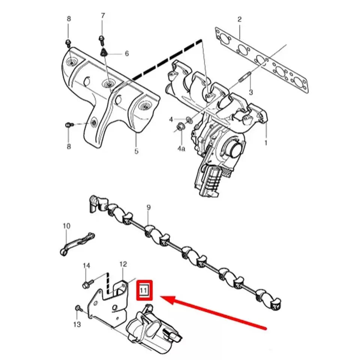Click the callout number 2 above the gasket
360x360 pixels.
coord(240,19)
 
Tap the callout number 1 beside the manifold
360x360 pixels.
coord(266,143)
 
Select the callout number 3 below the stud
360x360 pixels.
coord(251,92)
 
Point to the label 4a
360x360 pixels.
coord(181,148)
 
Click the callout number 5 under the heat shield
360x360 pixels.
coord(136,151)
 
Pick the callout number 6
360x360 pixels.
coord(127,54)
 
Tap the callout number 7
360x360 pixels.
coord(103,16)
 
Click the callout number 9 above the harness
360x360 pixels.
coord(148,207)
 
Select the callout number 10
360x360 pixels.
coord(66,226)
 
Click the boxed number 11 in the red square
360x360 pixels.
coord(144,290)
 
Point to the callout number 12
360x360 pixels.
coord(123,264)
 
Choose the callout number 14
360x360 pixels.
coord(86,265)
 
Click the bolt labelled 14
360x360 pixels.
coord(88,284)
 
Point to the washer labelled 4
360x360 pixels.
coord(189,120)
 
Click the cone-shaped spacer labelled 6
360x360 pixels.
coord(104,52)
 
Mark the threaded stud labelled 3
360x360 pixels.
coord(245,77)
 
